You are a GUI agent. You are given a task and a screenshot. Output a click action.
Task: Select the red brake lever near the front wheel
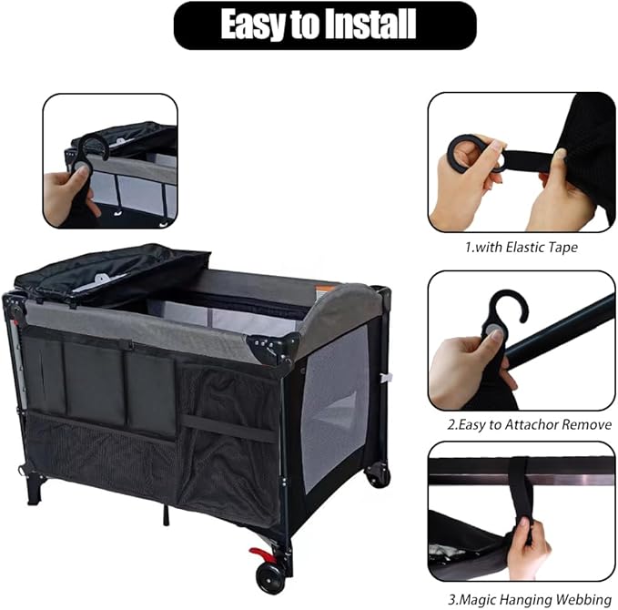pyautogui.click(x=261, y=554)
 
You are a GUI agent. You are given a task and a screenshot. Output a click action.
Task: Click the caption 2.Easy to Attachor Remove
pyautogui.click(x=522, y=424)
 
